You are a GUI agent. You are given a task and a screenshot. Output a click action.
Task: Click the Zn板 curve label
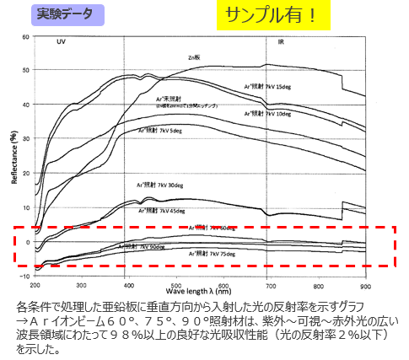click(x=195, y=57)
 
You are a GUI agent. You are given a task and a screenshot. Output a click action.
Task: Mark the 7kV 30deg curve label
click(x=164, y=184)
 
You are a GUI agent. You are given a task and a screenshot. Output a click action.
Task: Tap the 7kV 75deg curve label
click(x=210, y=252)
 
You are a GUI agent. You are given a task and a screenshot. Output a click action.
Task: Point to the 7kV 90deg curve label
click(x=143, y=247)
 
